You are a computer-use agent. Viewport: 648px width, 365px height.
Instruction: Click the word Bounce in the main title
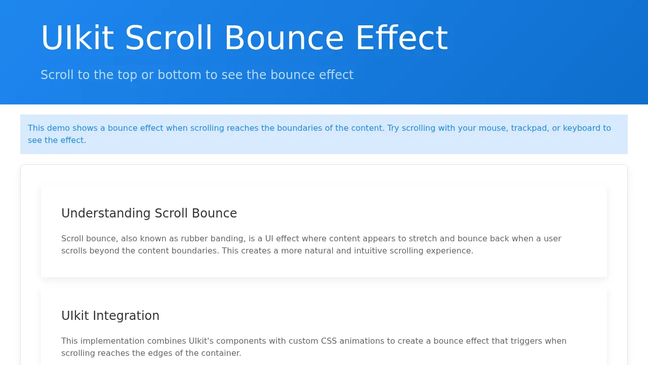pyautogui.click(x=284, y=38)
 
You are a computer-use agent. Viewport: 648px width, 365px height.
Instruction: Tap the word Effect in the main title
pyautogui.click(x=402, y=38)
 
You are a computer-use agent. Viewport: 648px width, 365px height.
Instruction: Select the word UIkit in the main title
pyautogui.click(x=77, y=38)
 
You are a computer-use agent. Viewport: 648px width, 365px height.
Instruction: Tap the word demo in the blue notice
pyautogui.click(x=58, y=128)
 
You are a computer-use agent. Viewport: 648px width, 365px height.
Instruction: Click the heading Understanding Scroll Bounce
pyautogui.click(x=149, y=213)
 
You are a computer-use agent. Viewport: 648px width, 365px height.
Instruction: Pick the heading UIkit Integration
pyautogui.click(x=110, y=316)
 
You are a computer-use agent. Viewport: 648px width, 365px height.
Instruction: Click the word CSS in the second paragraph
pyautogui.click(x=329, y=341)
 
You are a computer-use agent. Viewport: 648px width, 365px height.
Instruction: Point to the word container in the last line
pyautogui.click(x=222, y=353)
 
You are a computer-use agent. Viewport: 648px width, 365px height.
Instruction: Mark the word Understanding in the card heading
pyautogui.click(x=106, y=213)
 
